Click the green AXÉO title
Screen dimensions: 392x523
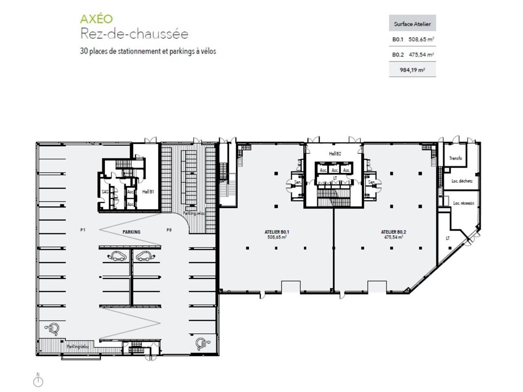96,19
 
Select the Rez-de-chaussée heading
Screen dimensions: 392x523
134,33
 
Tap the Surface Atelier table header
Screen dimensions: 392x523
412,24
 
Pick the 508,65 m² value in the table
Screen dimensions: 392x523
421,40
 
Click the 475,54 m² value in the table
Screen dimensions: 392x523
421,54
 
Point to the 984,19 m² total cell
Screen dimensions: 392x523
412,70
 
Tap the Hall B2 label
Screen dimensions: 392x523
335,154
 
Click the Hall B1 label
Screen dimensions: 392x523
148,192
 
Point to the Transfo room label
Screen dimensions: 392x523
455,158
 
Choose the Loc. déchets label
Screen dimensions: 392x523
462,181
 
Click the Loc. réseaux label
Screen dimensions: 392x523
463,203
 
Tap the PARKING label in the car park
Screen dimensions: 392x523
131,232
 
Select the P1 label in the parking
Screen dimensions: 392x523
83,230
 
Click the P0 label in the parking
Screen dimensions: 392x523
169,230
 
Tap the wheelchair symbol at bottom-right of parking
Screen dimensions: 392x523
201,344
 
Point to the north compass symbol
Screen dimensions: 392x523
38,381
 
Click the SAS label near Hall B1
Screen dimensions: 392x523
105,192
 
